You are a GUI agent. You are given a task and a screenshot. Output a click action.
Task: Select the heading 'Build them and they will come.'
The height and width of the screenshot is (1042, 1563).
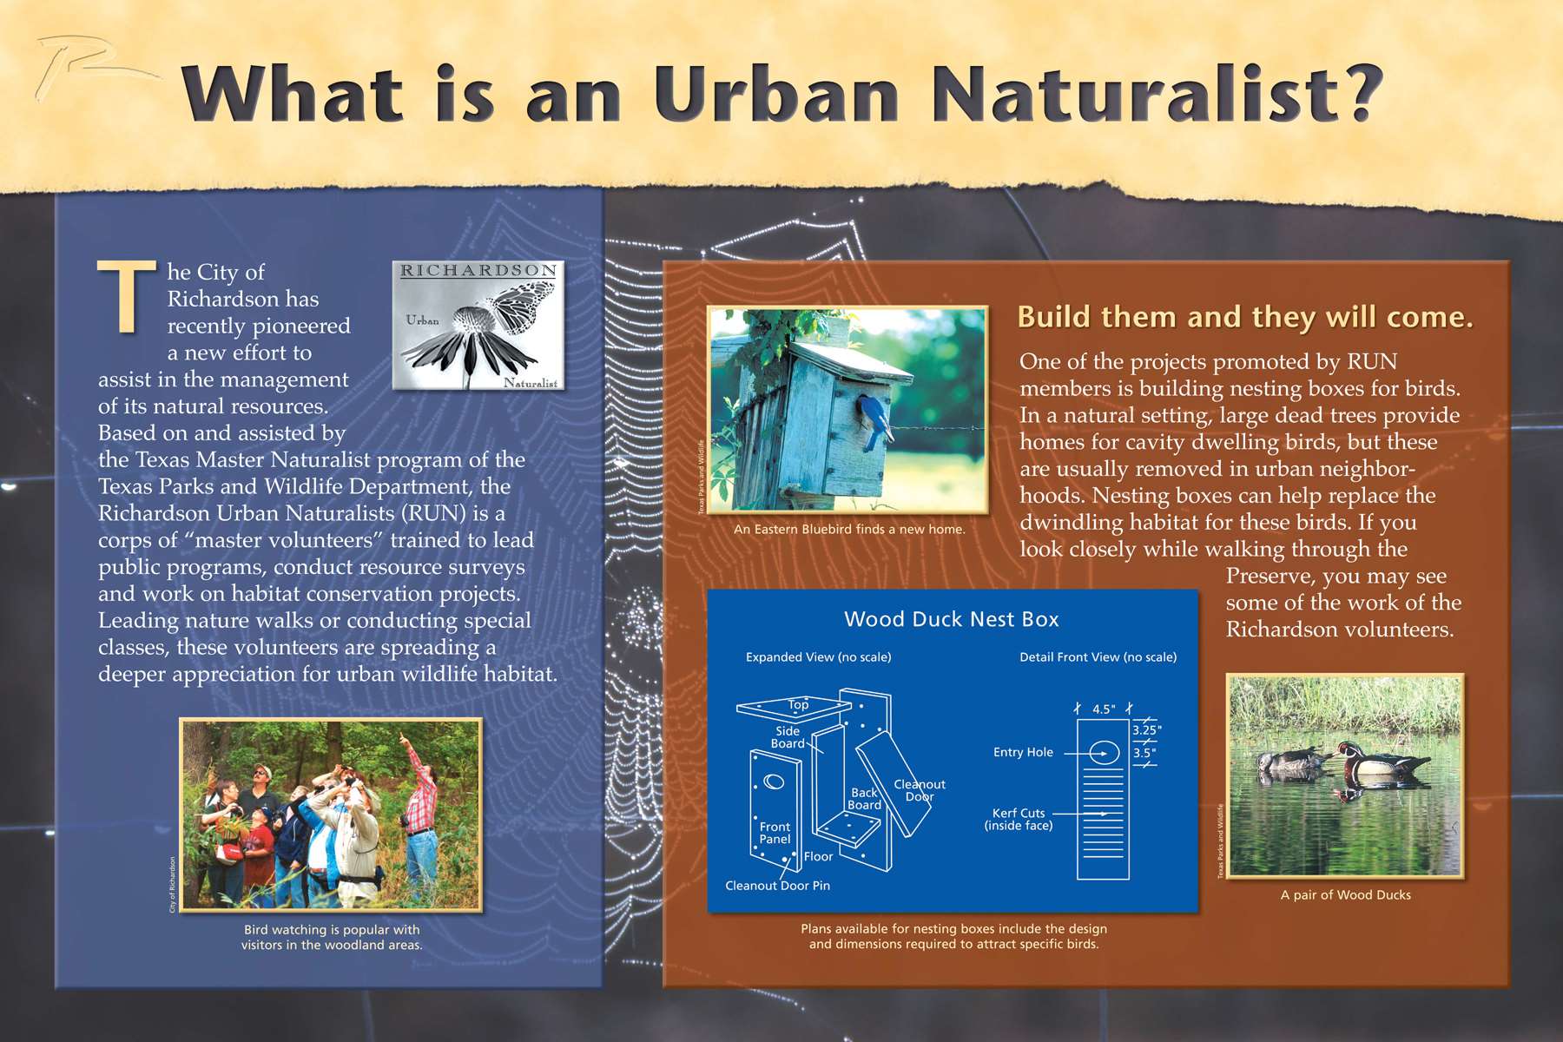point(1245,317)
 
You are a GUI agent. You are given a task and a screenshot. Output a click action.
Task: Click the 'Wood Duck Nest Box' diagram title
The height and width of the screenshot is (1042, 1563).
point(952,619)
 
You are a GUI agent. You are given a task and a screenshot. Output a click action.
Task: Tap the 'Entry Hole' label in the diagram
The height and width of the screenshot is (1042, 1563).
point(1023,752)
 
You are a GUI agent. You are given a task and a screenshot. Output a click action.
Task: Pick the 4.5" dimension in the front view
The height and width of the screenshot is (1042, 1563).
point(1104,709)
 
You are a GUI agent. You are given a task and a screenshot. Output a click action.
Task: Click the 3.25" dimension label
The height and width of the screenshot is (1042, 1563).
point(1146,730)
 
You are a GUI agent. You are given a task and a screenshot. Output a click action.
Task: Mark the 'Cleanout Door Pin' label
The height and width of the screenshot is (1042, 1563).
point(777,886)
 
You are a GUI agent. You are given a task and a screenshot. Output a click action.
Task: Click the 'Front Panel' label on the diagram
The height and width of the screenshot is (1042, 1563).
point(775,833)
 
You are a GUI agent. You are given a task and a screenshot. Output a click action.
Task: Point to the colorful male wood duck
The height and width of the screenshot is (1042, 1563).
point(1381,761)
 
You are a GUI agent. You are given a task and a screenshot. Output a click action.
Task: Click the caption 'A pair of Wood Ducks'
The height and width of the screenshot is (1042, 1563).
point(1345,895)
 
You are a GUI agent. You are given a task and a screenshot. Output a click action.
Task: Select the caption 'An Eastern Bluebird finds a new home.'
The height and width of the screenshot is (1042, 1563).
point(849,529)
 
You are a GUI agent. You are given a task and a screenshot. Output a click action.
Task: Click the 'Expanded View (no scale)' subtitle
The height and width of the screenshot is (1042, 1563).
point(818,657)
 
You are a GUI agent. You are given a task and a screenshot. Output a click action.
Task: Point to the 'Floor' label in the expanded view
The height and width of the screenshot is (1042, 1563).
point(818,857)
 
